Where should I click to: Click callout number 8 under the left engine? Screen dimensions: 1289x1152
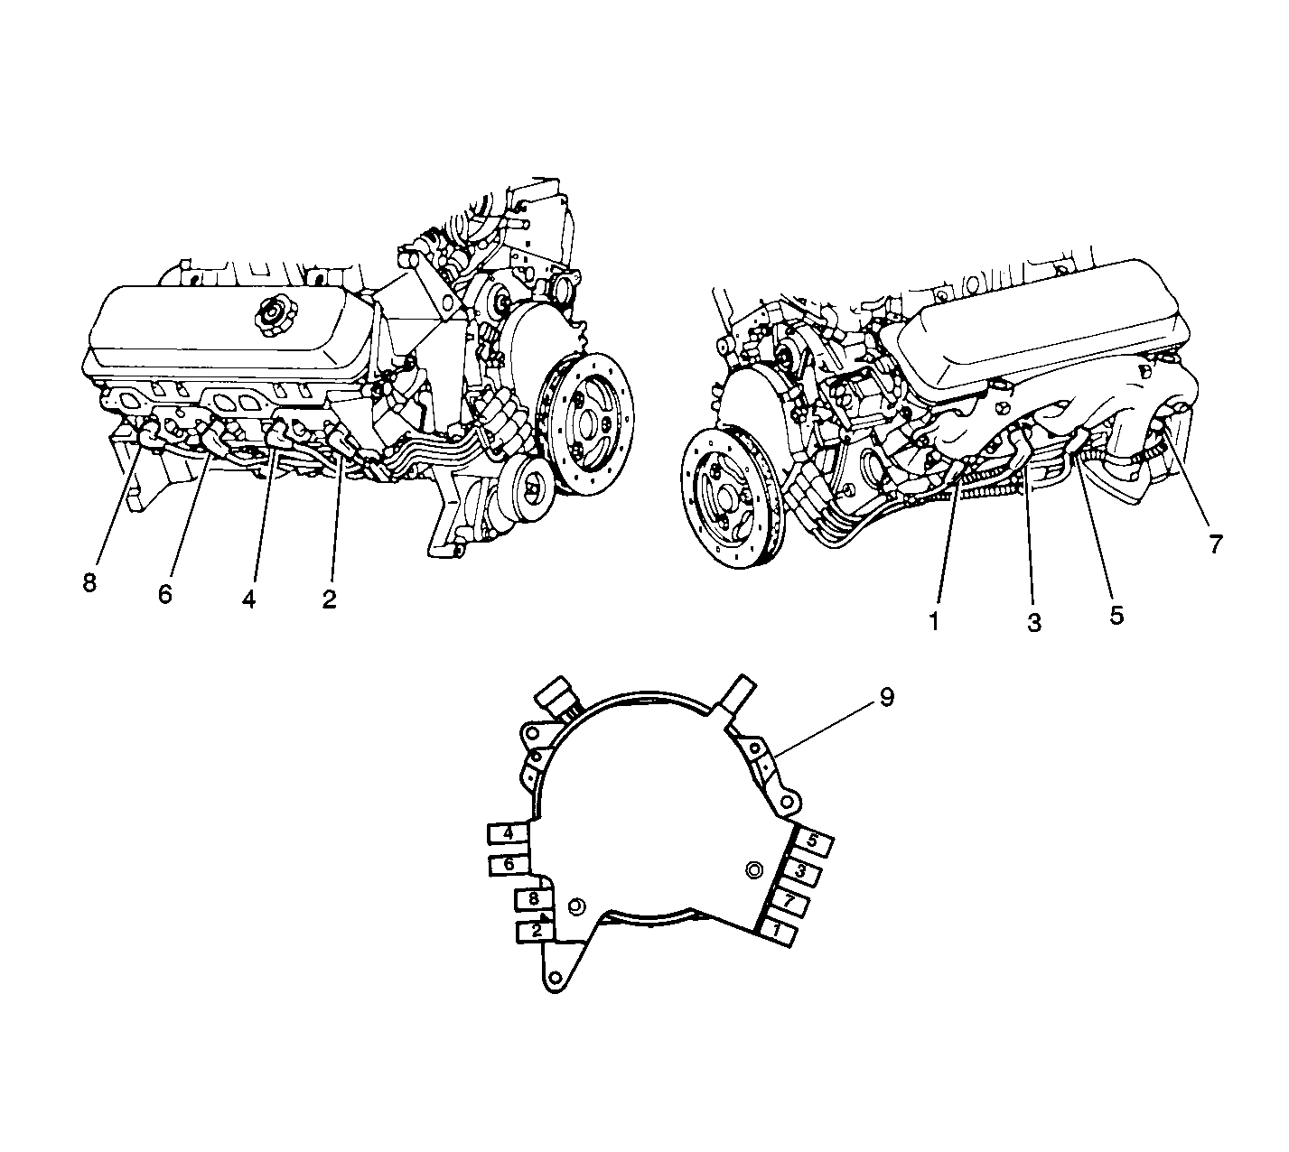89,583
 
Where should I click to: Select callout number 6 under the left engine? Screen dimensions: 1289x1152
165,594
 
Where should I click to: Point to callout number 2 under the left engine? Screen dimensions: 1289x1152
329,599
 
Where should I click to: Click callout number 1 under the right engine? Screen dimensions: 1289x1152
934,621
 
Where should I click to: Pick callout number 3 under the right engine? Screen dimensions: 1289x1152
1034,623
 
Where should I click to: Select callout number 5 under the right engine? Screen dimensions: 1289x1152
1116,615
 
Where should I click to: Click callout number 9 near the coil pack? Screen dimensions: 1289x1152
887,698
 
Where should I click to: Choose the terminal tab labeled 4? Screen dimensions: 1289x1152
509,833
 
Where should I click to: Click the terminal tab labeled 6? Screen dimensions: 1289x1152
509,865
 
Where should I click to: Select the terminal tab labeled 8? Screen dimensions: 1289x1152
534,899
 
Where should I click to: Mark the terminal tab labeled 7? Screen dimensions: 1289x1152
788,902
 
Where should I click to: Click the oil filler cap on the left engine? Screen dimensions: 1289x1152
272,313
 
